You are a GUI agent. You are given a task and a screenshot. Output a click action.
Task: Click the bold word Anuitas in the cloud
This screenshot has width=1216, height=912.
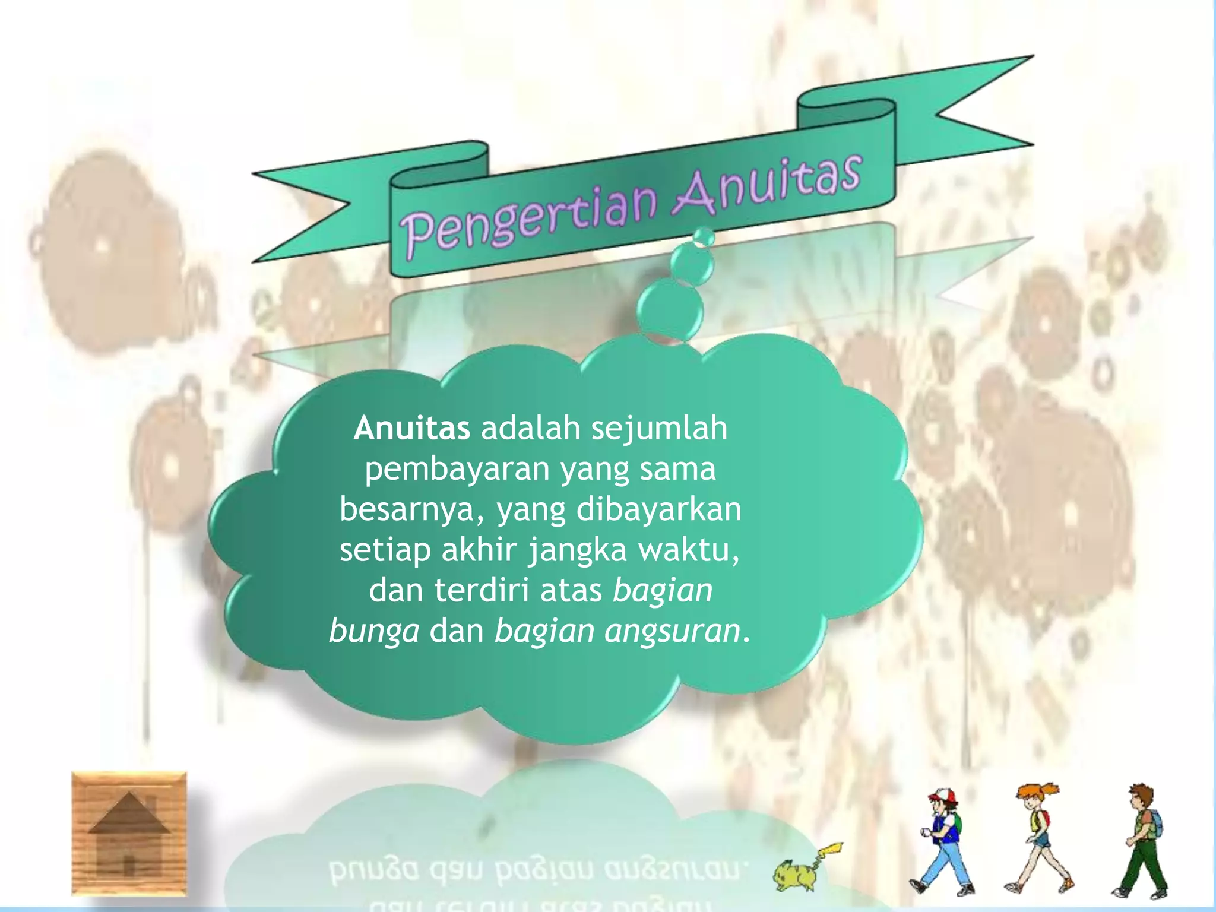point(411,428)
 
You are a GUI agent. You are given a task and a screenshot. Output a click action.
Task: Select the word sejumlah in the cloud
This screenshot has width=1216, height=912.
point(658,428)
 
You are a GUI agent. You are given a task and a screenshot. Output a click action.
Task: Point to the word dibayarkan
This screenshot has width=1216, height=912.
point(658,509)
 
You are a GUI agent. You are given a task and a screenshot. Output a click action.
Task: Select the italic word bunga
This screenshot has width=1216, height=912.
point(374,631)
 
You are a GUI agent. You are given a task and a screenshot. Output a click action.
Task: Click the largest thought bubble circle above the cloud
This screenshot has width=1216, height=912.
point(670,311)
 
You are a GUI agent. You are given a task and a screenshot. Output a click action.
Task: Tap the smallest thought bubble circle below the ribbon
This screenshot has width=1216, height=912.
point(704,237)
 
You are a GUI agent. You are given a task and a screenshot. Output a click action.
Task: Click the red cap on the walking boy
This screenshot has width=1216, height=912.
point(940,795)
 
